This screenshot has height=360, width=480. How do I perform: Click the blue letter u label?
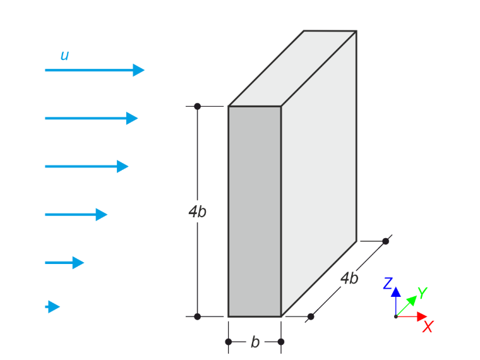click(64, 56)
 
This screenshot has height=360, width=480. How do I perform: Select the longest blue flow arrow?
click(95, 70)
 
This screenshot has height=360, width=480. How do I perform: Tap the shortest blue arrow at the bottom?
click(52, 307)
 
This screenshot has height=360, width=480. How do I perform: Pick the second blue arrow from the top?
click(91, 118)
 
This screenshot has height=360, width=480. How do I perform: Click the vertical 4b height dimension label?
click(198, 212)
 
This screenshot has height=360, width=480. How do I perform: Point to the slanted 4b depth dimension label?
click(349, 279)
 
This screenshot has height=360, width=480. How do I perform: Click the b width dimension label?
click(255, 342)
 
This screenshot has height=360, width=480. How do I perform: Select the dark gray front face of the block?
click(255, 211)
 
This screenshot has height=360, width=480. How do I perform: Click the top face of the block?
click(292, 69)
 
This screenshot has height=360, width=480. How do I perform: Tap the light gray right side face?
click(319, 174)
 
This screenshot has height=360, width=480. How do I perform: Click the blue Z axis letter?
click(388, 283)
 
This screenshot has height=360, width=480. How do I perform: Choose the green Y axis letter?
click(423, 292)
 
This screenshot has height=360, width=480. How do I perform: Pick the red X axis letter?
click(428, 327)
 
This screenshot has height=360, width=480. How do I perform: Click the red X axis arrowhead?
click(422, 316)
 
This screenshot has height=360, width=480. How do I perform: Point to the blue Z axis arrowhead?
click(396, 292)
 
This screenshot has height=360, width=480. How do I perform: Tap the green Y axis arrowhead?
click(412, 300)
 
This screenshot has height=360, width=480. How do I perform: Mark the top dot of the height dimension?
click(198, 106)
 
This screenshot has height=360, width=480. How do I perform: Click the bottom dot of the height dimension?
click(198, 316)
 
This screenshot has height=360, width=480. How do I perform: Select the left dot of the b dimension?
click(229, 342)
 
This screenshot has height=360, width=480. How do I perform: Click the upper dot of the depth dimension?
click(386, 241)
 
